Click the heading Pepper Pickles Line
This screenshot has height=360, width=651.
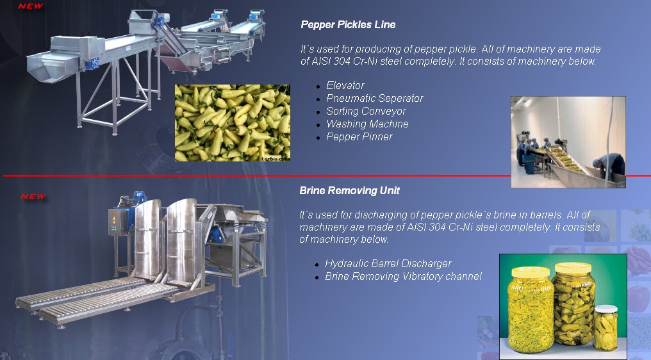coord(348,24)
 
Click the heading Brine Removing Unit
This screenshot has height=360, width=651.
coord(349,191)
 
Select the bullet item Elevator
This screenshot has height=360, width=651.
coord(345,86)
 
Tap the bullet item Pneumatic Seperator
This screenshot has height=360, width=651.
coord(374,99)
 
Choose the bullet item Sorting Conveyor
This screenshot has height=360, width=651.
coord(366,111)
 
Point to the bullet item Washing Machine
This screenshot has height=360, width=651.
coord(367,124)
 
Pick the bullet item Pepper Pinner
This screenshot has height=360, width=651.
coord(359,137)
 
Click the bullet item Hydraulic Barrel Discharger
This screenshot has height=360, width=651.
coord(388,264)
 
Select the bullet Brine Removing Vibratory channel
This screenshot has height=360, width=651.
coord(403,277)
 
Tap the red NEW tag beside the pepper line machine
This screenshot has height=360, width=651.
coord(31,6)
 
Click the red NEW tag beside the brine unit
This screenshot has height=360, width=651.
coord(33,197)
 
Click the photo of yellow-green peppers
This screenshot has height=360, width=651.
coord(233,123)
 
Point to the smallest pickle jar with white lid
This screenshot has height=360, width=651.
coord(606,327)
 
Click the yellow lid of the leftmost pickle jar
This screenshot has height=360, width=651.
coord(531,272)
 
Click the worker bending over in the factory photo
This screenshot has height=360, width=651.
coord(609,166)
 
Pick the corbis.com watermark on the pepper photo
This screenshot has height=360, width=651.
coord(276,159)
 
